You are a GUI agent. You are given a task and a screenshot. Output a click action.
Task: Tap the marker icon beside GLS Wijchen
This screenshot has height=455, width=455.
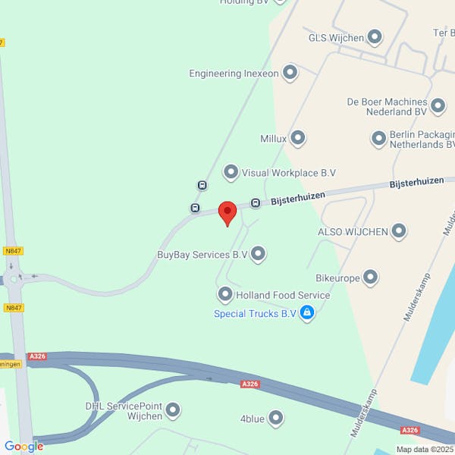[x=375, y=36]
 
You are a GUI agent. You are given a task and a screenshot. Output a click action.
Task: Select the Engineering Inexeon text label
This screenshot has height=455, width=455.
[x=234, y=74]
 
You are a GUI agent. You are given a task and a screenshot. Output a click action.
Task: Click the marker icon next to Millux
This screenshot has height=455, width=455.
[x=298, y=138]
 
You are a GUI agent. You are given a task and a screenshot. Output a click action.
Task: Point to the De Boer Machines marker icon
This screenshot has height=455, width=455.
[x=438, y=105]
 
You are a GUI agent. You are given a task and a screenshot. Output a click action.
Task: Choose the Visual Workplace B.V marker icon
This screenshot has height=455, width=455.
[x=231, y=173]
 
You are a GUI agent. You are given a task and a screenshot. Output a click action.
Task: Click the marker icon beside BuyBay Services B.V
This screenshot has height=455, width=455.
[x=258, y=254]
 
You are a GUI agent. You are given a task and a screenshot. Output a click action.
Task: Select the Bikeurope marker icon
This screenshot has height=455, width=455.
[x=371, y=278]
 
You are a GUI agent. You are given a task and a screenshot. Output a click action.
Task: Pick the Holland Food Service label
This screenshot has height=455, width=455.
[x=283, y=295]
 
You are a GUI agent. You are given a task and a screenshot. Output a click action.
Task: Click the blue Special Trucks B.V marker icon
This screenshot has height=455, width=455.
[x=306, y=312]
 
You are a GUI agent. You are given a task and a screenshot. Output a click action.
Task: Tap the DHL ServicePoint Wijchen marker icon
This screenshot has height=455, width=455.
[x=173, y=411]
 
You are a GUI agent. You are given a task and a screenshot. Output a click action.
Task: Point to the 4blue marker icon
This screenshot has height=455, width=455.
[x=276, y=418]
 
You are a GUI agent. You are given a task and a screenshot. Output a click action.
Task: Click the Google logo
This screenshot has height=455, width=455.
[x=24, y=447]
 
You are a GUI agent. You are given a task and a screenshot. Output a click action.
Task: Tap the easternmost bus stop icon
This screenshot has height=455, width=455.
[x=256, y=202]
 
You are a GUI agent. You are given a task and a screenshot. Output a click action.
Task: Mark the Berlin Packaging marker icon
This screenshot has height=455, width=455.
[x=378, y=138]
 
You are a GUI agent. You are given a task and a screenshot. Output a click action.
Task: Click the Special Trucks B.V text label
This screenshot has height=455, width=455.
[x=255, y=313]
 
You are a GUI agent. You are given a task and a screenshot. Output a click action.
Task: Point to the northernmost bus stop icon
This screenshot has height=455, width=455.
[x=202, y=185]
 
